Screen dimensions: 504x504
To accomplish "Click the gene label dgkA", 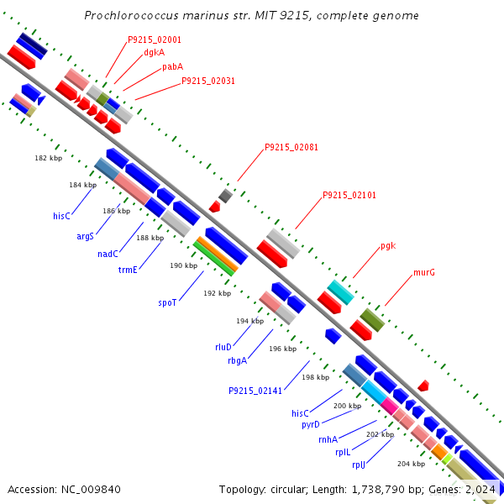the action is (155, 53).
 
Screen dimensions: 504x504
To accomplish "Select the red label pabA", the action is (172, 67).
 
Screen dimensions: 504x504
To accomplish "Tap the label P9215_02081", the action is (291, 147).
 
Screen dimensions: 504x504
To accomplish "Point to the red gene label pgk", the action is (388, 246).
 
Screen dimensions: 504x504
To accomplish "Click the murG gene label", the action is (424, 272).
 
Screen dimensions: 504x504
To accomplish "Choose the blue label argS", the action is (85, 237).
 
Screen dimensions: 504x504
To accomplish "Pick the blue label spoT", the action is (167, 302).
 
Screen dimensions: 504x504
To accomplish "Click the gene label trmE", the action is (128, 270).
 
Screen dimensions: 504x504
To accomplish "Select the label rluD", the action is (223, 347).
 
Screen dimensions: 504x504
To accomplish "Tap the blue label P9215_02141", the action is (255, 391).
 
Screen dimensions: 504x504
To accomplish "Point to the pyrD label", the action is (311, 425).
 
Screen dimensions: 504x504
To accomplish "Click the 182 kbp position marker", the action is (49, 158).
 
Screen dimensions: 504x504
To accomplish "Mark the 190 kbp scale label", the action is (184, 265).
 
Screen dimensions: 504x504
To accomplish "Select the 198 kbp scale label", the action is (316, 377).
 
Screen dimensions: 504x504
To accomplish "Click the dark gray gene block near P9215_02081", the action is (225, 196).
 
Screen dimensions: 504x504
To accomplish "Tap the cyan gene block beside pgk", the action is (341, 292).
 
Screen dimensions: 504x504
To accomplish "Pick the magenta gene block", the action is (390, 406).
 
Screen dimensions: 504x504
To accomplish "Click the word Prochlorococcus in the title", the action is (131, 15).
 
